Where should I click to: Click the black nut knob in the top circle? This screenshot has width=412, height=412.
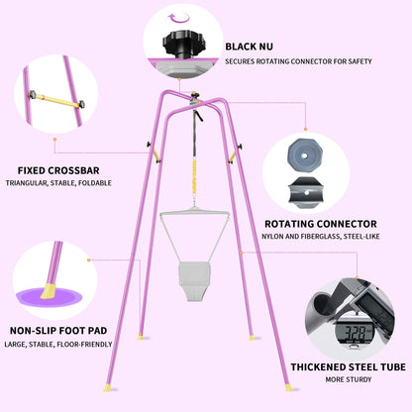click(x=184, y=45)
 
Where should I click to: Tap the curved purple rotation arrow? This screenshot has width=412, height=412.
click(x=178, y=19)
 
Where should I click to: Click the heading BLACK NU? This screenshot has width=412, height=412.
click(x=250, y=47)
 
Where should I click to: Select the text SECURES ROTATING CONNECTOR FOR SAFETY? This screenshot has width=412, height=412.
click(x=298, y=61)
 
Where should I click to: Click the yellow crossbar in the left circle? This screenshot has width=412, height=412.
click(x=56, y=100)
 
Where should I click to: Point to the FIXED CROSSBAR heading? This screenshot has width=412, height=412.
click(x=58, y=170)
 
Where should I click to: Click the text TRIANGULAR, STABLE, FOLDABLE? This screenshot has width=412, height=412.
click(x=58, y=183)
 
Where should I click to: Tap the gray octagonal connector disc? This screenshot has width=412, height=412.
click(x=304, y=155)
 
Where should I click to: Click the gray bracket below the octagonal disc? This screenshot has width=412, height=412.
click(x=304, y=192)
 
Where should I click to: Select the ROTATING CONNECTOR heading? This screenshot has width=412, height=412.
click(x=321, y=224)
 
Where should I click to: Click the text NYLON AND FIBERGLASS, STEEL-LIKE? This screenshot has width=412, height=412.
click(x=321, y=237)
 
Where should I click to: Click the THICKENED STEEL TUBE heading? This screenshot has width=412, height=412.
click(x=349, y=367)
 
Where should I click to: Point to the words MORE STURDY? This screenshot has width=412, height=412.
click(x=349, y=379)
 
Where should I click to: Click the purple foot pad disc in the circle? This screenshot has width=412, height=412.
click(x=50, y=296)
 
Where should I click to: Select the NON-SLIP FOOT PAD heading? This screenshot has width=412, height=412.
click(x=58, y=331)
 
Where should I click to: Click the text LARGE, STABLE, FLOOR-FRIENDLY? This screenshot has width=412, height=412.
click(x=58, y=345)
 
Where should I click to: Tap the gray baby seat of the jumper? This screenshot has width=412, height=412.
click(x=194, y=280)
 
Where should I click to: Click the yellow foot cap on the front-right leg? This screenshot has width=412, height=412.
click(x=289, y=387)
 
